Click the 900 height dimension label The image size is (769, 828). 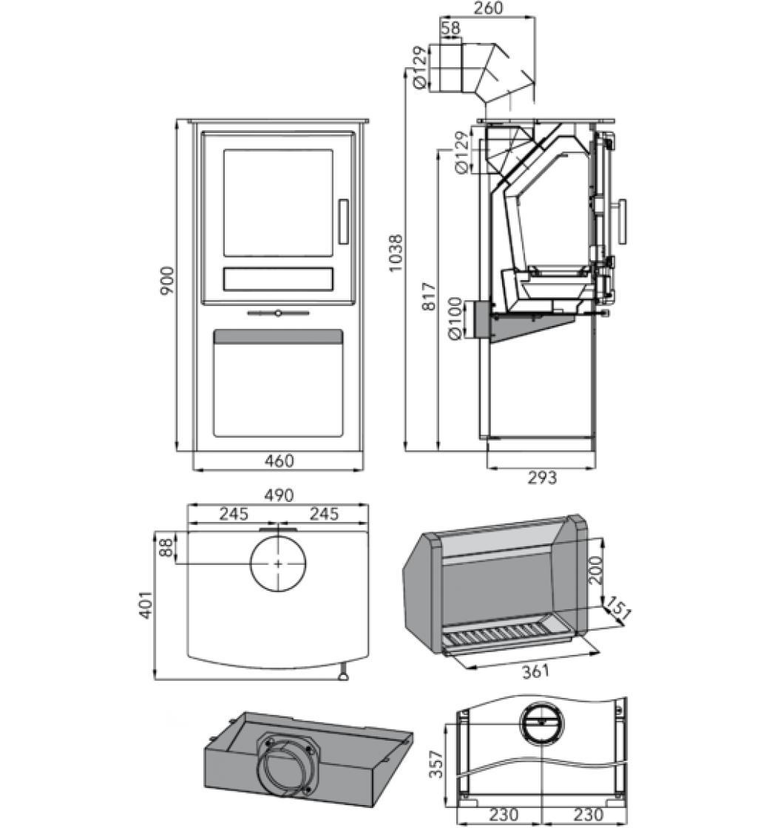pyautogui.click(x=168, y=281)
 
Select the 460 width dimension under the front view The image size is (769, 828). pyautogui.click(x=279, y=461)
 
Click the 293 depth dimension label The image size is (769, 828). pyautogui.click(x=542, y=478)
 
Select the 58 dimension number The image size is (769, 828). pyautogui.click(x=450, y=28)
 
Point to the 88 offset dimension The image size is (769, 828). pyautogui.click(x=167, y=548)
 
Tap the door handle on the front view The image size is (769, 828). pyautogui.click(x=343, y=221)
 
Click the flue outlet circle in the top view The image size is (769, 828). pyautogui.click(x=278, y=563)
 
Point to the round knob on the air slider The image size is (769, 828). pyautogui.click(x=277, y=313)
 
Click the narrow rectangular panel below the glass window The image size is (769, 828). pyautogui.click(x=278, y=279)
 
